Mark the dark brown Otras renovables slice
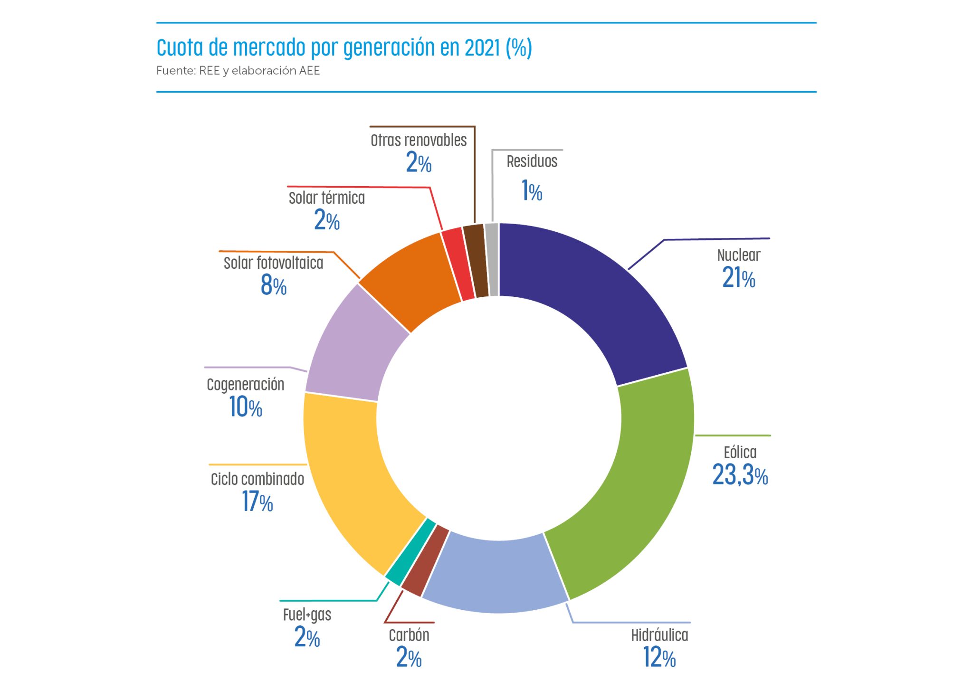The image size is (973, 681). (x=476, y=261)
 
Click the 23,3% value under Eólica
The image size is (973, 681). (x=740, y=475)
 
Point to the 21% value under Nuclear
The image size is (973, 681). (x=738, y=278)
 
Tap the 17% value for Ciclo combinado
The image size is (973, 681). (x=258, y=502)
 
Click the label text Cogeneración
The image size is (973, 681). (x=246, y=385)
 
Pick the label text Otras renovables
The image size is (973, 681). (x=419, y=141)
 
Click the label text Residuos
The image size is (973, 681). (x=532, y=161)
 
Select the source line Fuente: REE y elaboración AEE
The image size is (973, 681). (x=238, y=71)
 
